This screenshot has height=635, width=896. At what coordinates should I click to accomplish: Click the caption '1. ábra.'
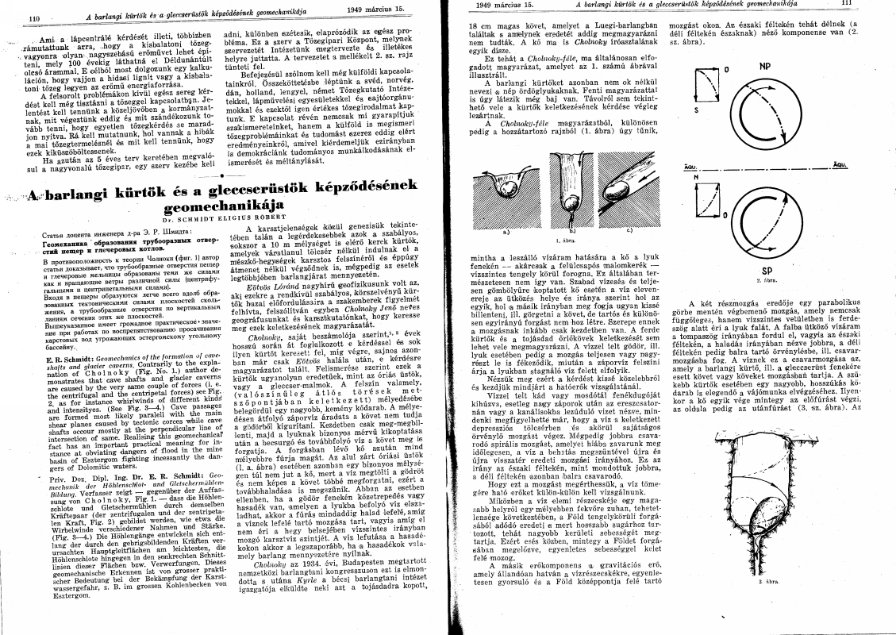tap(564, 238)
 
